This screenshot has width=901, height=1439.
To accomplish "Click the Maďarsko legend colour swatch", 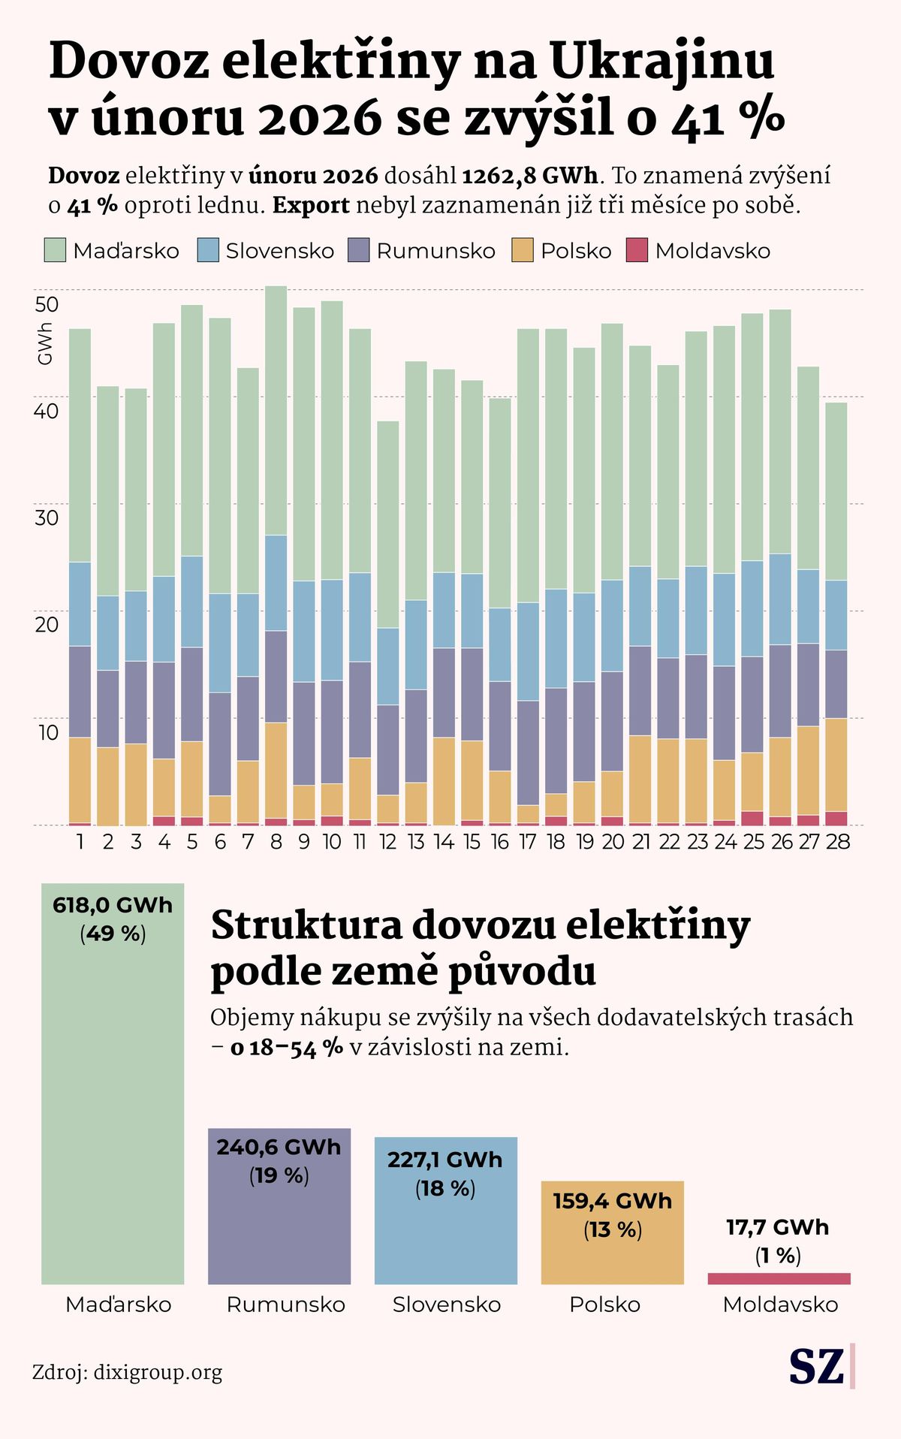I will (55, 250).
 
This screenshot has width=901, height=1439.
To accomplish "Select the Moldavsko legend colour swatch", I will (637, 250).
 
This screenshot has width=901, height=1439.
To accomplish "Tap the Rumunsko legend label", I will (435, 251).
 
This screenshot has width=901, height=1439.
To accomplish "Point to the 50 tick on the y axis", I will (47, 304).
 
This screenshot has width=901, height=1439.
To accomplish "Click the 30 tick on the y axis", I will (47, 517).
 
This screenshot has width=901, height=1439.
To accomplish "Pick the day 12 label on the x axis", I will (387, 842).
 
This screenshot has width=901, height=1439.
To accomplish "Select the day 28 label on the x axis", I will (837, 842).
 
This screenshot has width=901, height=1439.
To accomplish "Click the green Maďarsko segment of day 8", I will (276, 410).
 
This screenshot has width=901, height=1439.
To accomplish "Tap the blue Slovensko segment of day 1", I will (80, 604).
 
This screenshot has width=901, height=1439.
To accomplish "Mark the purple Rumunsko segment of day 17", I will (528, 753).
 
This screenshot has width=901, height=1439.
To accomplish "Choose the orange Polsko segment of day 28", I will (836, 765).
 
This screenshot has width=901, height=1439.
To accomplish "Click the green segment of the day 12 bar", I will (387, 524).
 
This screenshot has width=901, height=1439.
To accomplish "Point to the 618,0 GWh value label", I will (113, 906).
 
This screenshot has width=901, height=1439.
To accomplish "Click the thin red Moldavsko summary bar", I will (779, 1278).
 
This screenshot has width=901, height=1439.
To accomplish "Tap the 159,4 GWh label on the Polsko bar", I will (612, 1201).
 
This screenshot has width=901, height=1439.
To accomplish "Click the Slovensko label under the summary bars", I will (447, 1305).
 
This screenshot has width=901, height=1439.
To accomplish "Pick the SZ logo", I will (817, 1367).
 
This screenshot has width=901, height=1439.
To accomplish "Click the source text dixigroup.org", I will (158, 1373).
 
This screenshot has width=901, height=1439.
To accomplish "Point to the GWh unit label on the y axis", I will (45, 344).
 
